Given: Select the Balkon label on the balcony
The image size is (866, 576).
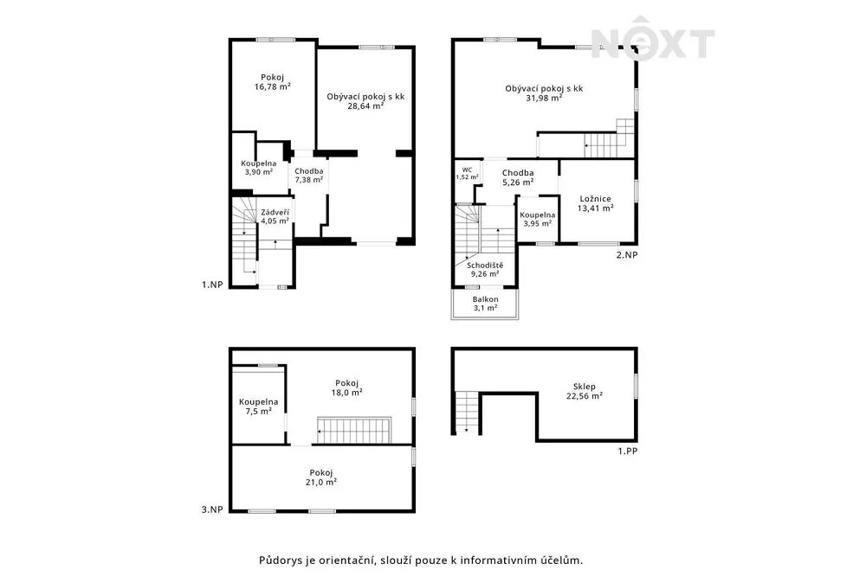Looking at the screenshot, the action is [486, 299].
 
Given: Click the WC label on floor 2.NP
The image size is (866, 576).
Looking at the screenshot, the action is [468, 170].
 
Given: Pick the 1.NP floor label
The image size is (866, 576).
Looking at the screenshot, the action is [213, 285].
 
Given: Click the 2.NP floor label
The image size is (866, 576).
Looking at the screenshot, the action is [627, 255].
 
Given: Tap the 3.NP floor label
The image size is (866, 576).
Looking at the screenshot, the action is [213, 509].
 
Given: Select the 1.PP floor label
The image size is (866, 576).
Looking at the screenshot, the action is [627, 451].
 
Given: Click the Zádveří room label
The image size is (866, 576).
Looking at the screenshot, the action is [275, 212].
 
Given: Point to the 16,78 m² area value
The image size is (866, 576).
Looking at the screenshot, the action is [273, 86].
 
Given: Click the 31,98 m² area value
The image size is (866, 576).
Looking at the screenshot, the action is [544, 98].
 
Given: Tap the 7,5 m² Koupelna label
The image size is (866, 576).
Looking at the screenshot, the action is [258, 406].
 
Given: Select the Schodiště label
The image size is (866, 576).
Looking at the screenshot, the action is [486, 266].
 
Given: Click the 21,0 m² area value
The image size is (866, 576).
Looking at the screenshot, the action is [321, 482].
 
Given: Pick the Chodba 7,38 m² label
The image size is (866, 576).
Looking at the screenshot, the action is [309, 176].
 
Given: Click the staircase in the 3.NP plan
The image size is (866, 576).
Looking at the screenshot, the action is [354, 431].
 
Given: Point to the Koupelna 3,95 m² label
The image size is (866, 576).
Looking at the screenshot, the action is [538, 219].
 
